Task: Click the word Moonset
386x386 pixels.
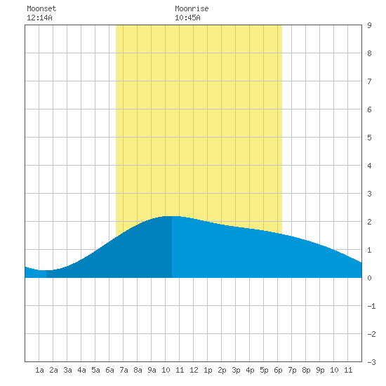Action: pyautogui.click(x=41, y=8)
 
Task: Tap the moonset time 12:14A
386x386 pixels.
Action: pyautogui.click(x=39, y=18)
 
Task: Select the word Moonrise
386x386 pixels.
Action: pyautogui.click(x=192, y=8)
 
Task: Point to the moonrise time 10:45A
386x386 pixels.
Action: pyautogui.click(x=187, y=18)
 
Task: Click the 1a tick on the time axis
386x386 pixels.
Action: pyautogui.click(x=39, y=370)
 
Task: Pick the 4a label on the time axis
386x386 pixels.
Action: pyautogui.click(x=81, y=370)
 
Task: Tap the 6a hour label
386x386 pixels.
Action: pyautogui.click(x=109, y=370)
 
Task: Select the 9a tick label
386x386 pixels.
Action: pyautogui.click(x=152, y=370)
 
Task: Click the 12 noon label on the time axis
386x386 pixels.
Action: pyautogui.click(x=194, y=370)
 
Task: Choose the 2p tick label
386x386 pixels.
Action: pyautogui.click(x=222, y=370)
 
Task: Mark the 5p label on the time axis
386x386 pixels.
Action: pyautogui.click(x=264, y=370)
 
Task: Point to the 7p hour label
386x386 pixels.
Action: pyautogui.click(x=292, y=370)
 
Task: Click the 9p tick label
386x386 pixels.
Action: pyautogui.click(x=320, y=370)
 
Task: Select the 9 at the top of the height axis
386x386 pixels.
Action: pyautogui.click(x=369, y=25)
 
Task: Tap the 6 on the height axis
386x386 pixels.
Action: pyautogui.click(x=369, y=109)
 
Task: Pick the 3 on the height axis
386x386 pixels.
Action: pyautogui.click(x=369, y=194)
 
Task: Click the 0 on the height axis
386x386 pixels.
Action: pyautogui.click(x=369, y=278)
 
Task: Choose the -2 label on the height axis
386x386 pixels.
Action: pyautogui.click(x=371, y=334)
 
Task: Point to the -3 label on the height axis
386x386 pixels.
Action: pyautogui.click(x=371, y=362)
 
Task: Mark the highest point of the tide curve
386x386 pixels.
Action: pyautogui.click(x=172, y=216)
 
